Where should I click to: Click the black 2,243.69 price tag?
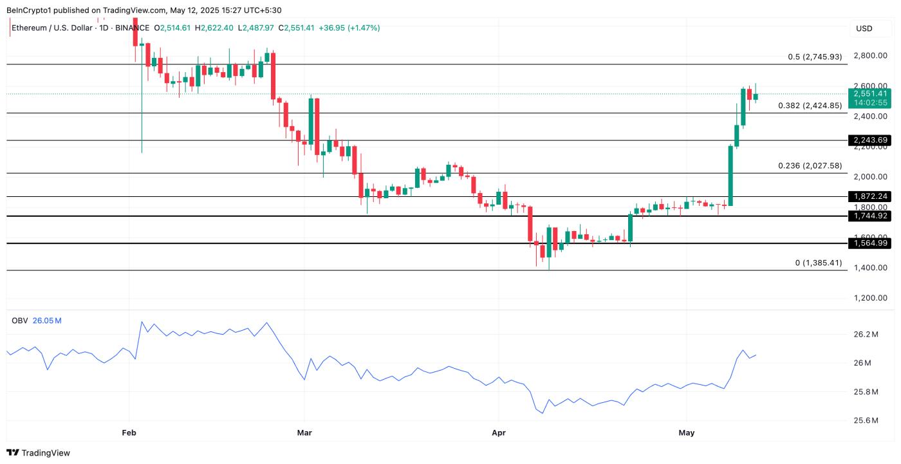(x=869, y=140)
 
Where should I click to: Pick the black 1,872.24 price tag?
(x=869, y=196)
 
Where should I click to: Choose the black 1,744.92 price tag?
(x=869, y=216)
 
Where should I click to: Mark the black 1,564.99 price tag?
(x=869, y=243)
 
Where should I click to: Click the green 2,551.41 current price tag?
(x=869, y=94)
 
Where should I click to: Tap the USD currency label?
(x=864, y=28)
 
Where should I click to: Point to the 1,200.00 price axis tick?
(x=871, y=298)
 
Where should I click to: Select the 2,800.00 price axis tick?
(x=871, y=56)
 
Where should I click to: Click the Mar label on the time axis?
(x=304, y=433)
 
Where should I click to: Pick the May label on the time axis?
(x=687, y=433)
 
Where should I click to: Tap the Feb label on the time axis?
(x=129, y=433)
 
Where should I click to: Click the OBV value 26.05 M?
(x=47, y=320)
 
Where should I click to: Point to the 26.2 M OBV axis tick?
(x=866, y=335)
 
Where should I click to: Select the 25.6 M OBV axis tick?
(x=866, y=421)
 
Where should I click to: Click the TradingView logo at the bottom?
(x=39, y=453)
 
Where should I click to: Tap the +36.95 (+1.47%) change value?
(x=348, y=28)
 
